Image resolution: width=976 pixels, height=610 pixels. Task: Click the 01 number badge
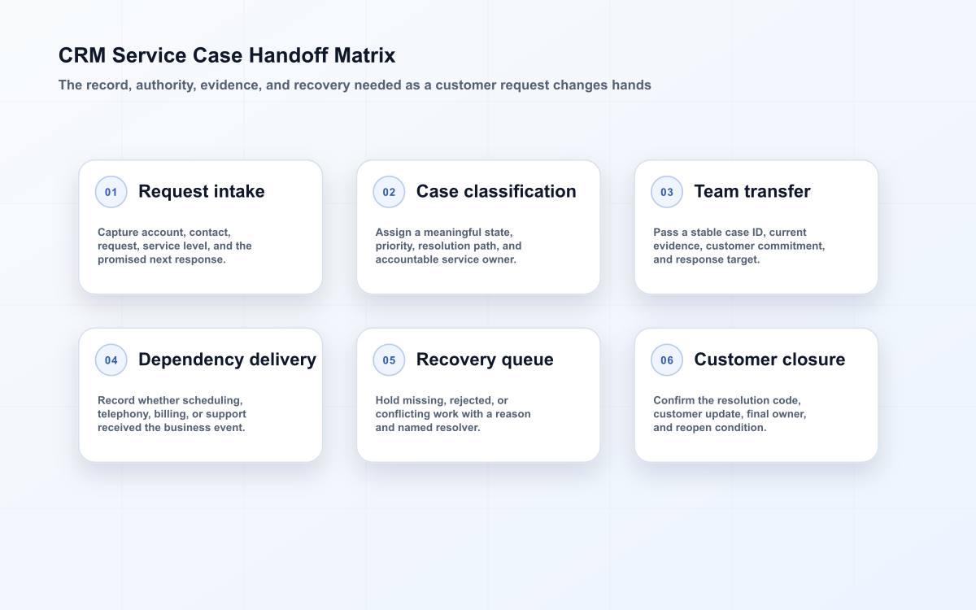tap(111, 192)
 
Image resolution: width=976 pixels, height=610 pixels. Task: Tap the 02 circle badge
tap(389, 192)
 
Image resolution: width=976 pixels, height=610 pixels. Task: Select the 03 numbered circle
tap(667, 192)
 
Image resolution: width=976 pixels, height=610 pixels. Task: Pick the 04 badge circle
tap(111, 359)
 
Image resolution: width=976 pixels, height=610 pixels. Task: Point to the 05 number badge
tap(389, 359)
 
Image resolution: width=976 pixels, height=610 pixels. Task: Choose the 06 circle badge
tap(667, 359)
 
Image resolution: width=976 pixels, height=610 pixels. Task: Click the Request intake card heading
tap(202, 191)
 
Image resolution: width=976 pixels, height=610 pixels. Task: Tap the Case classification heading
tap(496, 191)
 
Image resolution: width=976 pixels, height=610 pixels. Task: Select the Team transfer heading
tap(752, 191)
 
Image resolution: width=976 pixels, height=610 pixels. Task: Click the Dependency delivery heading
tap(227, 359)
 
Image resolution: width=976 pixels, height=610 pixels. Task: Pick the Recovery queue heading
tap(485, 359)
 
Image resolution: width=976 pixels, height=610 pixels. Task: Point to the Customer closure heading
tap(769, 359)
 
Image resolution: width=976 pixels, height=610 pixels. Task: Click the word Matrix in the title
tap(364, 55)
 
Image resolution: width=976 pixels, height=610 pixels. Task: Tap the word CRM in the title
tap(82, 55)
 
